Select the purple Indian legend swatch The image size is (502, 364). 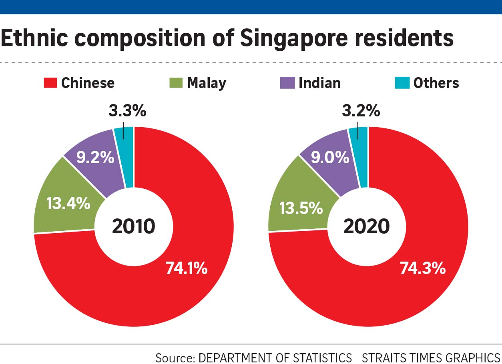(x=287, y=83)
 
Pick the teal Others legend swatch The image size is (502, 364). (x=402, y=83)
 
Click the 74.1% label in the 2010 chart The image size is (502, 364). (x=187, y=268)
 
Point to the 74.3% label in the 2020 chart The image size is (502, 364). (x=423, y=268)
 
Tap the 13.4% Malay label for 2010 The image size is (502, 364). (x=68, y=204)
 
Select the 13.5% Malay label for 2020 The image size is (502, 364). (x=301, y=208)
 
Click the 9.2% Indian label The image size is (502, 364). (x=95, y=158)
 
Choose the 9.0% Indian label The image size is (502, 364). (x=330, y=157)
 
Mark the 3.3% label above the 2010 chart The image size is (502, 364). (x=127, y=111)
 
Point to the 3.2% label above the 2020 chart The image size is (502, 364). (x=361, y=111)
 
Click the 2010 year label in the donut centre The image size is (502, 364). (x=133, y=227)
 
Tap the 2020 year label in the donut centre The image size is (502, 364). (x=366, y=227)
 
